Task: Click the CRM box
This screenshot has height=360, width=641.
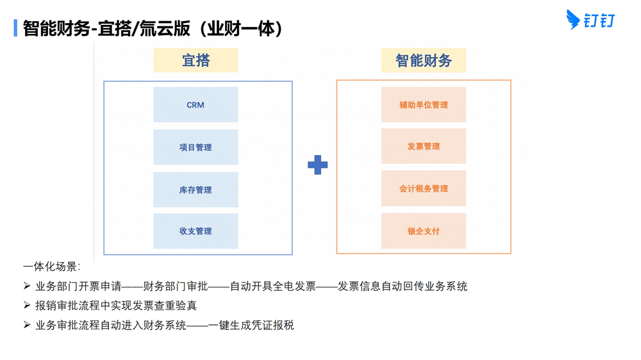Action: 196,104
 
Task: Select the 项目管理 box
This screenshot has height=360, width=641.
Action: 196,147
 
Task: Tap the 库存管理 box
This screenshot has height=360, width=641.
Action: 196,190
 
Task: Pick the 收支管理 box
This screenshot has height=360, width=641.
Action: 196,231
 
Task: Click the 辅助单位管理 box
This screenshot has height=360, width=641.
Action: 424,104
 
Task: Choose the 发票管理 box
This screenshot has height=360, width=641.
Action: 424,146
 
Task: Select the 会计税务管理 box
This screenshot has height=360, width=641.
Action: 424,188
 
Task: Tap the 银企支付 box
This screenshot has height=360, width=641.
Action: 424,231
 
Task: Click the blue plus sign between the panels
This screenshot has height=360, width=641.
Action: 317,165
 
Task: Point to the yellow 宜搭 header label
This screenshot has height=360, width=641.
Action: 196,60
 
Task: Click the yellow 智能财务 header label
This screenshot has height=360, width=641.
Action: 424,60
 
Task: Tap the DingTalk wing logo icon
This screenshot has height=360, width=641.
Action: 573,20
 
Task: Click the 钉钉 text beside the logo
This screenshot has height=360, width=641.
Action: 601,21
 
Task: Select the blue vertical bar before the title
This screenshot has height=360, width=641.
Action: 15,28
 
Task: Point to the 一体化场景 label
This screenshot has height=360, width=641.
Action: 51,266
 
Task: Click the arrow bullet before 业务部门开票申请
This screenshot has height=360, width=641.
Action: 27,286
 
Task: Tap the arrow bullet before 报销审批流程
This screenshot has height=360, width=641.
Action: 27,305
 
